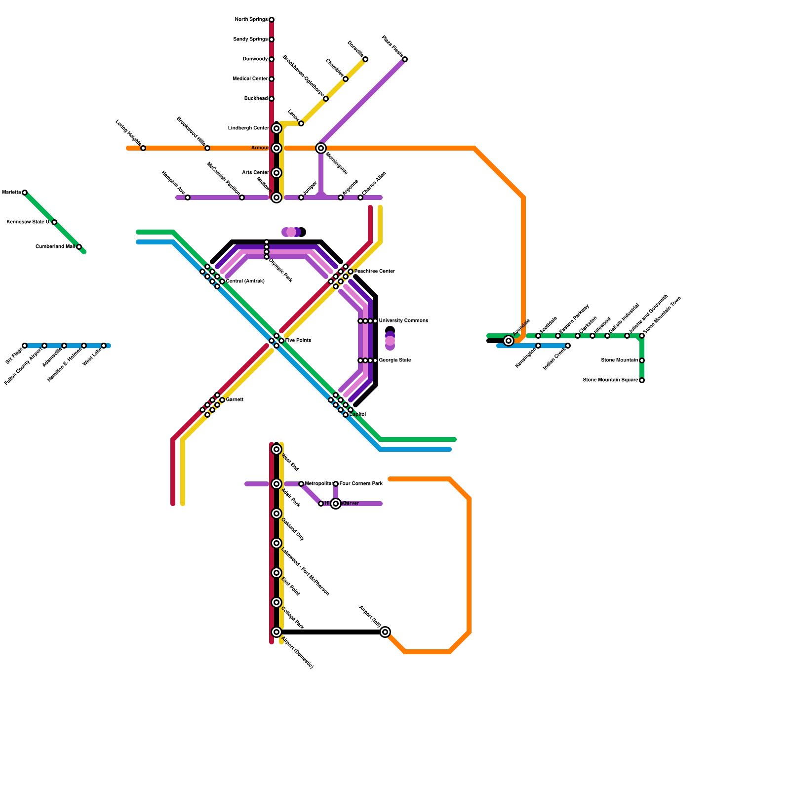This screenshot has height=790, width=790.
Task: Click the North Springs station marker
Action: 272,20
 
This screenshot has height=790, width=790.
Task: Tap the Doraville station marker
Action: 365,59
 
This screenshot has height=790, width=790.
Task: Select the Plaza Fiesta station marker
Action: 405,59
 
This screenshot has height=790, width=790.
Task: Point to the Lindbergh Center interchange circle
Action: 276,128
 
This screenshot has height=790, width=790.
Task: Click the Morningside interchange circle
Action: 321,148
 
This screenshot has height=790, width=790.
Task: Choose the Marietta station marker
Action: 25,193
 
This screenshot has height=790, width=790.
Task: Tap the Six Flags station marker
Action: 25,346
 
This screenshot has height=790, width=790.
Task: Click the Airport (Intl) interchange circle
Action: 385,632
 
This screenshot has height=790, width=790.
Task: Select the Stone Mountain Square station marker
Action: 642,380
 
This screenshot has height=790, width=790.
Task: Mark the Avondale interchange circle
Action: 509,341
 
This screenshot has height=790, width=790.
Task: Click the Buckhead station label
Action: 256,99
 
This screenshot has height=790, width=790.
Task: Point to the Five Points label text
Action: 298,341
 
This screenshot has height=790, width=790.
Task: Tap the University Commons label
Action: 403,321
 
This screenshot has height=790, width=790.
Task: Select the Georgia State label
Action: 395,360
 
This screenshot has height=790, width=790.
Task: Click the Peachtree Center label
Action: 374,272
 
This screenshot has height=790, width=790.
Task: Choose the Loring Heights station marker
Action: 143,148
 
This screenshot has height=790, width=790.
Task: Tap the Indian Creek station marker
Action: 568,346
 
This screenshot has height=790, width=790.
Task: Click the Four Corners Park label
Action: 361,484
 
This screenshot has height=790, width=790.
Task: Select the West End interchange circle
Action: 276,449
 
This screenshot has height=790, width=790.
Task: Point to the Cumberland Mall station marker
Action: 79,247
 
